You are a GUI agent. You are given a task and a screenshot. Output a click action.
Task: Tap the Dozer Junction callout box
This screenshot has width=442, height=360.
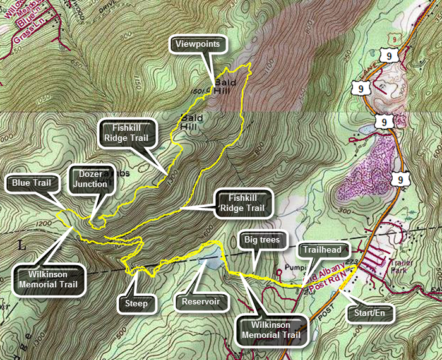click(x=90, y=179)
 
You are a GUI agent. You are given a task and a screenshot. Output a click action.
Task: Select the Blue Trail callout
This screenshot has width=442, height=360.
click(x=31, y=184)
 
